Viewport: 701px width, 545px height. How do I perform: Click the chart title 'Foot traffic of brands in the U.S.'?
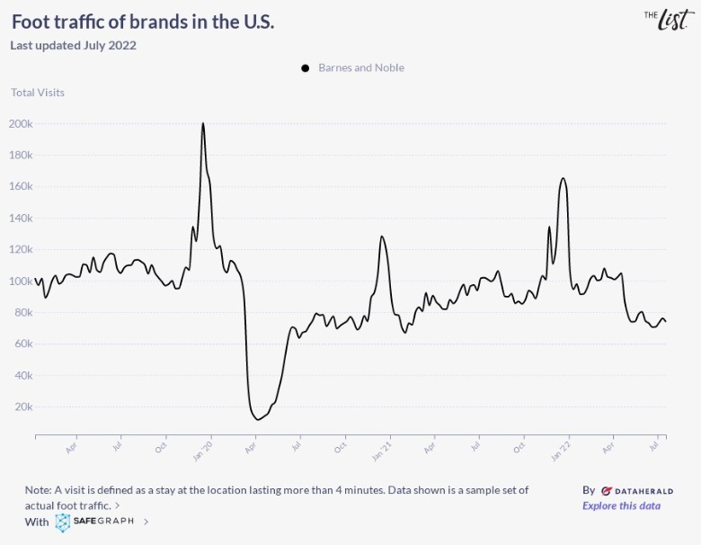click(143, 22)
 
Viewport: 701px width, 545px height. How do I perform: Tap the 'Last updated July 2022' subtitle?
click(73, 45)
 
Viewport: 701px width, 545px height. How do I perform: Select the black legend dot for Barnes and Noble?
click(306, 67)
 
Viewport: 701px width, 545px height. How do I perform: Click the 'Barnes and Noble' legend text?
click(360, 67)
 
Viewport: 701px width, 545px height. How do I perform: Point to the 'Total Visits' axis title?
click(38, 92)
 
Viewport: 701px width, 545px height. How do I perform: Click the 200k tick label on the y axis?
click(22, 123)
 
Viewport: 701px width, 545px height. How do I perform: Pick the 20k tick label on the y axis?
click(23, 407)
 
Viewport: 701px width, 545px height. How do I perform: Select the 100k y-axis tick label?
click(22, 281)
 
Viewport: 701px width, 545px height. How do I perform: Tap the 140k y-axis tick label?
click(22, 218)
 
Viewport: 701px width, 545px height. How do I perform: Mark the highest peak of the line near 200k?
click(203, 124)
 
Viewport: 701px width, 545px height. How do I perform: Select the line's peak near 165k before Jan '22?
click(563, 178)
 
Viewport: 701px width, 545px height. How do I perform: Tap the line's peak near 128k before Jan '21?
click(382, 237)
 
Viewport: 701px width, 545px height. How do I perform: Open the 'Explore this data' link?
click(621, 505)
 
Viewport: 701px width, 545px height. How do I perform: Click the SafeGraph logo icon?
click(63, 522)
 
